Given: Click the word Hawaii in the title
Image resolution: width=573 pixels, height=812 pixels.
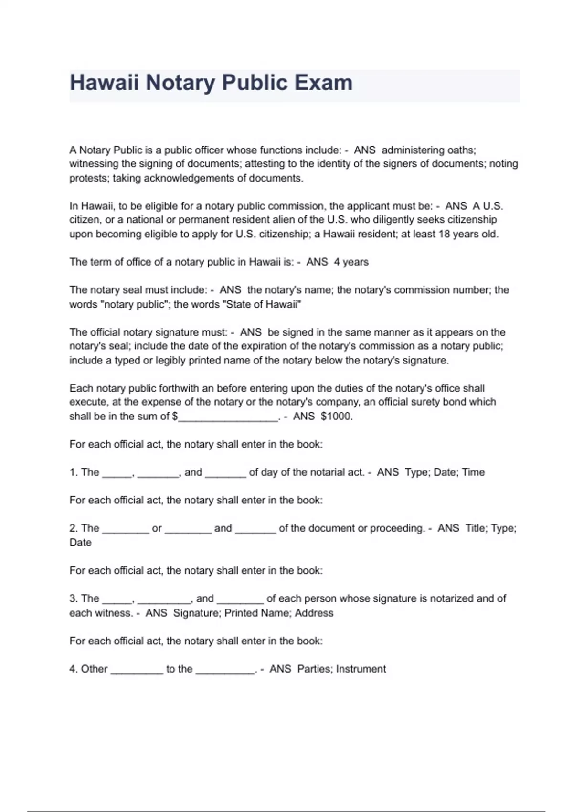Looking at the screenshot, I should [x=104, y=83].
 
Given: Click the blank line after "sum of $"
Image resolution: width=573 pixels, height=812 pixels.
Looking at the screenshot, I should [x=228, y=417].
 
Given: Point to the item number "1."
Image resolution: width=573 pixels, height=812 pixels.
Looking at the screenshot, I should [x=74, y=472].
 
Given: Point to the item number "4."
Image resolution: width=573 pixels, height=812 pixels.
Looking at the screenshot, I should [x=74, y=669].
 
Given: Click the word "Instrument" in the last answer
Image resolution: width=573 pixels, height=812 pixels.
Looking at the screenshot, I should [x=361, y=669].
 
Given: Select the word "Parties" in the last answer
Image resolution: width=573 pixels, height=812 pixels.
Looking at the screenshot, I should [x=315, y=669].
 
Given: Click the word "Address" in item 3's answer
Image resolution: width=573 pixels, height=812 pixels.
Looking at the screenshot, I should [x=314, y=613].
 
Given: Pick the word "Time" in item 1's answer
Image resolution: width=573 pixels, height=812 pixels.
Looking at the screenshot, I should [x=474, y=472].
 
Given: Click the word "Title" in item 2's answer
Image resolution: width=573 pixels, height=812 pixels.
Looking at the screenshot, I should [x=475, y=528].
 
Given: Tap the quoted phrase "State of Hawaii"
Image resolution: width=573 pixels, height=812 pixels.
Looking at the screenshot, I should [x=264, y=304].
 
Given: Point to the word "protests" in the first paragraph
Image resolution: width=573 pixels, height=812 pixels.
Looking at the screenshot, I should [x=89, y=178].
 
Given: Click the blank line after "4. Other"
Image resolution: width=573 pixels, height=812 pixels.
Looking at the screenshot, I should [x=137, y=670].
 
